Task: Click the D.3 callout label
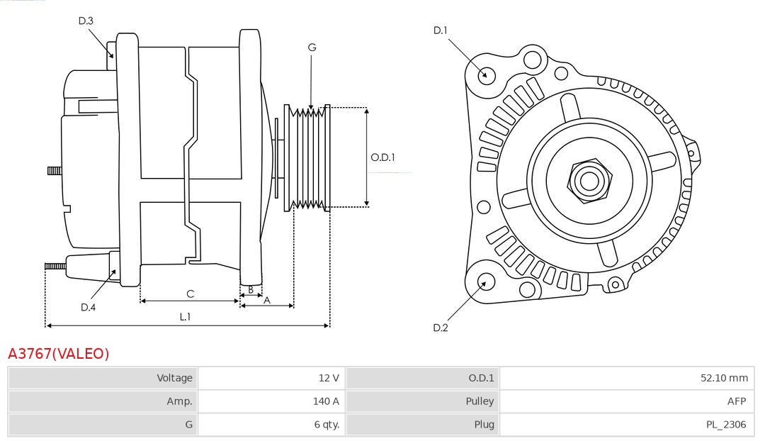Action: (86, 21)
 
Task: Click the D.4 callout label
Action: (88, 307)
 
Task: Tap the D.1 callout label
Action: (441, 30)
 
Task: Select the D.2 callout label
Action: (441, 328)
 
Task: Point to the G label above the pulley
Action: (312, 48)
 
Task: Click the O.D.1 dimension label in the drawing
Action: (382, 157)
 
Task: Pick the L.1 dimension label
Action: (184, 317)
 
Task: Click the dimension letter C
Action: (190, 294)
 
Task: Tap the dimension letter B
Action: (251, 289)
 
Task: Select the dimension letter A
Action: (267, 300)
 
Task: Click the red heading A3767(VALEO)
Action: (59, 353)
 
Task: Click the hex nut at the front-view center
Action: (589, 180)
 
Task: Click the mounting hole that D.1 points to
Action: (487, 74)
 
